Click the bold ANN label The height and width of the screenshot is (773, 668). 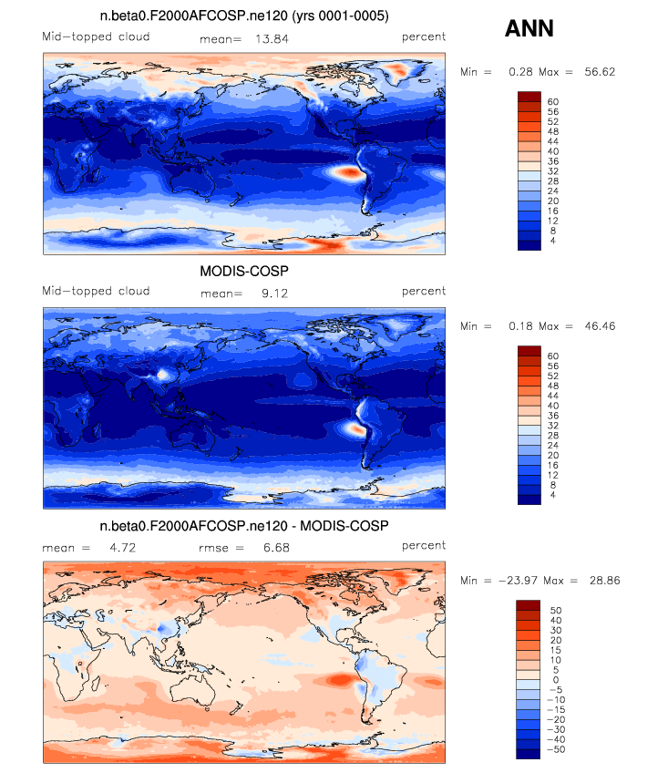click(x=529, y=28)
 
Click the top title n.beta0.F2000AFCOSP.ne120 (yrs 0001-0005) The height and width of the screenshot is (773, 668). click(x=244, y=17)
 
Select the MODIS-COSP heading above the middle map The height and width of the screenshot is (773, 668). click(x=244, y=272)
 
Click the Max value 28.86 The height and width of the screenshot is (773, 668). click(x=602, y=580)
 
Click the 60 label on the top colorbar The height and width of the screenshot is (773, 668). click(x=553, y=101)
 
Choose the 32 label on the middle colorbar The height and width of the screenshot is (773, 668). click(x=553, y=426)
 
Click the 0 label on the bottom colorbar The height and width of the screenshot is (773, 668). click(x=550, y=680)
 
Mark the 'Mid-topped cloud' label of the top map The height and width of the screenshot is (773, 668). click(x=96, y=37)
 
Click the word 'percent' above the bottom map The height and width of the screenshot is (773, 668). click(x=424, y=546)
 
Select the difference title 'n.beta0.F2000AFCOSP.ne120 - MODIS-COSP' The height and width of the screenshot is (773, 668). click(x=244, y=526)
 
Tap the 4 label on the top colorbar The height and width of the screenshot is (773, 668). click(x=550, y=241)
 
